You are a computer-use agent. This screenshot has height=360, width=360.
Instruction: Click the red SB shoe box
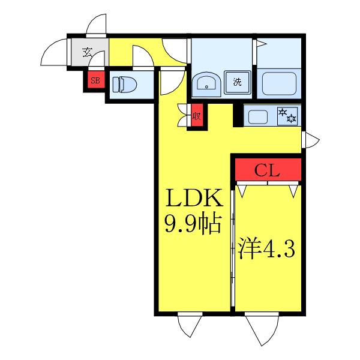[96, 79]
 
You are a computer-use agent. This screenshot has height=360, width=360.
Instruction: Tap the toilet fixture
[124, 84]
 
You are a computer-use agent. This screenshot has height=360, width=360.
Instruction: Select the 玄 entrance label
[87, 52]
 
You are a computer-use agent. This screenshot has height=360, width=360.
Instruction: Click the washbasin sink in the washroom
[206, 84]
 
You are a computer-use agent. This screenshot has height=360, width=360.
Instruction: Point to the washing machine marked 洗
[238, 82]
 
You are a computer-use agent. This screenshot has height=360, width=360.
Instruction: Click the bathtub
[279, 83]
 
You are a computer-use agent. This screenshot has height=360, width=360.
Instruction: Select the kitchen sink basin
[258, 116]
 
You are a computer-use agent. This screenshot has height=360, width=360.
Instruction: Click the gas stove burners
[287, 116]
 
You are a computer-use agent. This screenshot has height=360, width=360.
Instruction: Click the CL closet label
[267, 170]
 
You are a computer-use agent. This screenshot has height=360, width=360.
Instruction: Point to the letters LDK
[194, 197]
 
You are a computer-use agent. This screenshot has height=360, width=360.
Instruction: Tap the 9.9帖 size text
[193, 224]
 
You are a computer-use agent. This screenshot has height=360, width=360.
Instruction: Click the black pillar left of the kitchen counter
[238, 115]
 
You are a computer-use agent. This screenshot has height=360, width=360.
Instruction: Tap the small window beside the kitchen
[310, 140]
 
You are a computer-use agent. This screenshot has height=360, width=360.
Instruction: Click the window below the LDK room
[190, 325]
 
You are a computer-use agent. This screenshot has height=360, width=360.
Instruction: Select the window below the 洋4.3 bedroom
[262, 329]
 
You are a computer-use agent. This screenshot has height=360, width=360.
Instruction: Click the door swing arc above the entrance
[96, 25]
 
